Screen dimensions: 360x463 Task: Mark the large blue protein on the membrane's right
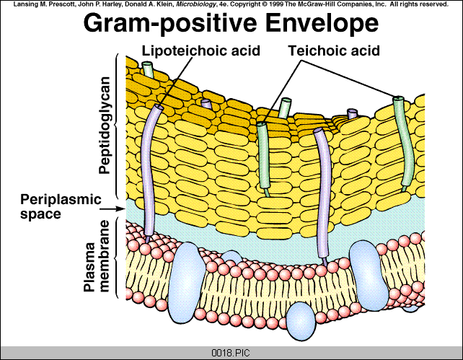(367, 274)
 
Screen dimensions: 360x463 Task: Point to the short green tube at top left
(148, 71)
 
